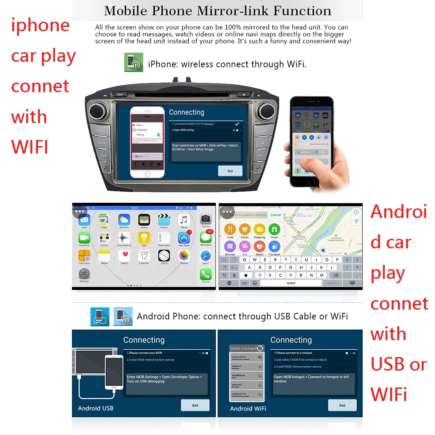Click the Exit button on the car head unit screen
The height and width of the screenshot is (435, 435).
230,171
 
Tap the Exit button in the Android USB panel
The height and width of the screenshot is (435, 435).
195,405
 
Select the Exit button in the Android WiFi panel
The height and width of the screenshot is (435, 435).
342,405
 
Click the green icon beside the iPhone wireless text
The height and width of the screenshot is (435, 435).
134,63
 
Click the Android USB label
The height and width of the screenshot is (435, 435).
95,408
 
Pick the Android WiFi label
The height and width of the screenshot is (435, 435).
248,408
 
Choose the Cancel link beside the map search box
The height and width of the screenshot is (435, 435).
276,215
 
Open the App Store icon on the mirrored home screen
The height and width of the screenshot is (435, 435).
184,238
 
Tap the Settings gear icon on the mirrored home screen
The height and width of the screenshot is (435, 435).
84,274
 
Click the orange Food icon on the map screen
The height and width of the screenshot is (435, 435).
230,230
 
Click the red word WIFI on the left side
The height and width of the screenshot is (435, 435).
30,147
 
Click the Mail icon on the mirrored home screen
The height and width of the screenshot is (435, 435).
84,220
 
